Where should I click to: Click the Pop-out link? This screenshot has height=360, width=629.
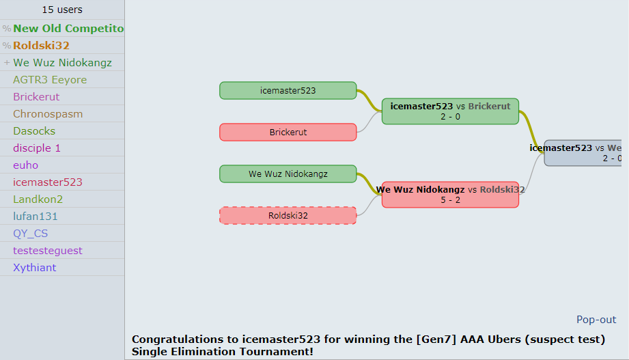(x=596, y=320)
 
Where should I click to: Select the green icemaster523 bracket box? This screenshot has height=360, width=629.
(x=288, y=90)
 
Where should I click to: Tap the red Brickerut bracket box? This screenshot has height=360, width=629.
(x=288, y=132)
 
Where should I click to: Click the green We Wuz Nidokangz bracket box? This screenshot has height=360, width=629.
(x=288, y=174)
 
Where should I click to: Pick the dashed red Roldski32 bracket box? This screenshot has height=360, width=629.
(x=288, y=215)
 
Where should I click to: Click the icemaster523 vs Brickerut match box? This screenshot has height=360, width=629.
(x=450, y=111)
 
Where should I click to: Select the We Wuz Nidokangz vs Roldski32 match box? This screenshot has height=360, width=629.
(x=450, y=195)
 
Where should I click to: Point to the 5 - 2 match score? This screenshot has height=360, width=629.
(x=450, y=200)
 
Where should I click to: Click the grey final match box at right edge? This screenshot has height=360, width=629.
(x=586, y=153)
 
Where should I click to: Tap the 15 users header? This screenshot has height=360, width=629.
(x=62, y=10)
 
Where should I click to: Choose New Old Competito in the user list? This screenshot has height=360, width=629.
(x=68, y=29)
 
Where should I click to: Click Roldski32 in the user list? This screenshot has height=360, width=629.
(x=41, y=46)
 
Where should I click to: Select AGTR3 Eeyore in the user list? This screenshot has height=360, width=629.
(x=50, y=80)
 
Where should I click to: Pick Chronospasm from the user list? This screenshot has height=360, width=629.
(x=48, y=114)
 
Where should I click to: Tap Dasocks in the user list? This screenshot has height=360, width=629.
(x=34, y=131)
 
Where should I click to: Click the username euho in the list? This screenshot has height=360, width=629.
(x=26, y=165)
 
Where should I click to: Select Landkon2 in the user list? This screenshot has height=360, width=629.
(x=38, y=199)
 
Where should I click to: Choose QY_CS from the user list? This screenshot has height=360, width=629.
(x=31, y=234)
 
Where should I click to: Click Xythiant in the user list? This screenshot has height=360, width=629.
(x=35, y=268)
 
